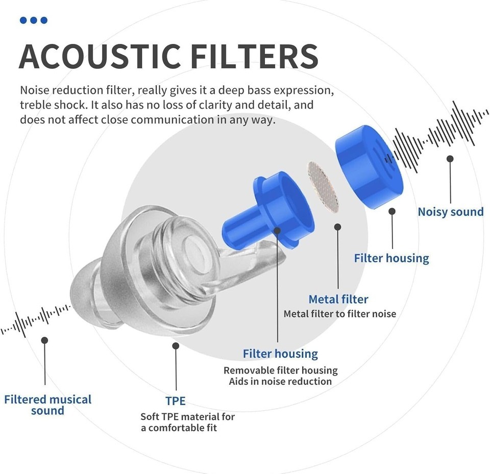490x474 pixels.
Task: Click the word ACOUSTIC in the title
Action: pyautogui.click(x=100, y=57)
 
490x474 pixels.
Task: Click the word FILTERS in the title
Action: pyautogui.click(x=254, y=57)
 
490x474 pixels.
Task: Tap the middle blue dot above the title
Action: pyautogui.click(x=34, y=20)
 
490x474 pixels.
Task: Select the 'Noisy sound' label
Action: pyautogui.click(x=451, y=212)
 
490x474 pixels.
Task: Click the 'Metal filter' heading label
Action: pyautogui.click(x=338, y=300)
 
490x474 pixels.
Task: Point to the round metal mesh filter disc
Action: pyautogui.click(x=323, y=187)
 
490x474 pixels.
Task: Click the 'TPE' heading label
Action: pyautogui.click(x=175, y=401)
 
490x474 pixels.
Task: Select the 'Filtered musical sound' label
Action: pyautogui.click(x=47, y=405)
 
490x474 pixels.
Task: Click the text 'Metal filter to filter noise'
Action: pyautogui.click(x=340, y=314)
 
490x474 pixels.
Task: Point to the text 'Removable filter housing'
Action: pyautogui.click(x=281, y=370)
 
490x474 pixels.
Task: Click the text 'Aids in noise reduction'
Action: pyautogui.click(x=280, y=382)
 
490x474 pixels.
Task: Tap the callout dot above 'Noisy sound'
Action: pyautogui.click(x=450, y=159)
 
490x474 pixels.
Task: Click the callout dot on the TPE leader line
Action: pyautogui.click(x=176, y=346)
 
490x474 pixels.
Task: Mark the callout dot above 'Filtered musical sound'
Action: pyautogui.click(x=45, y=340)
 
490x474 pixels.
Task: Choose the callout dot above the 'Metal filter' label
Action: pyautogui.click(x=337, y=227)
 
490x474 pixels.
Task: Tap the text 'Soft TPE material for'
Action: pyautogui.click(x=187, y=417)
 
